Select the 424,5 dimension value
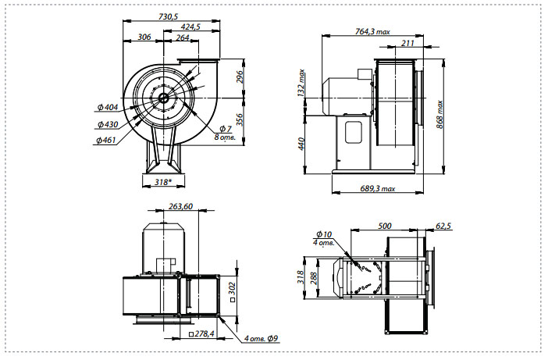[190, 27]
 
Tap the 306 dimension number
[144, 37]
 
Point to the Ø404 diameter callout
[108, 107]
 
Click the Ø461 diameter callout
[105, 141]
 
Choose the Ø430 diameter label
[108, 124]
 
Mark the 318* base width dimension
[163, 182]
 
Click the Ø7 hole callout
[226, 129]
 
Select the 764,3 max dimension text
[372, 31]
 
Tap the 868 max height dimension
[439, 114]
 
